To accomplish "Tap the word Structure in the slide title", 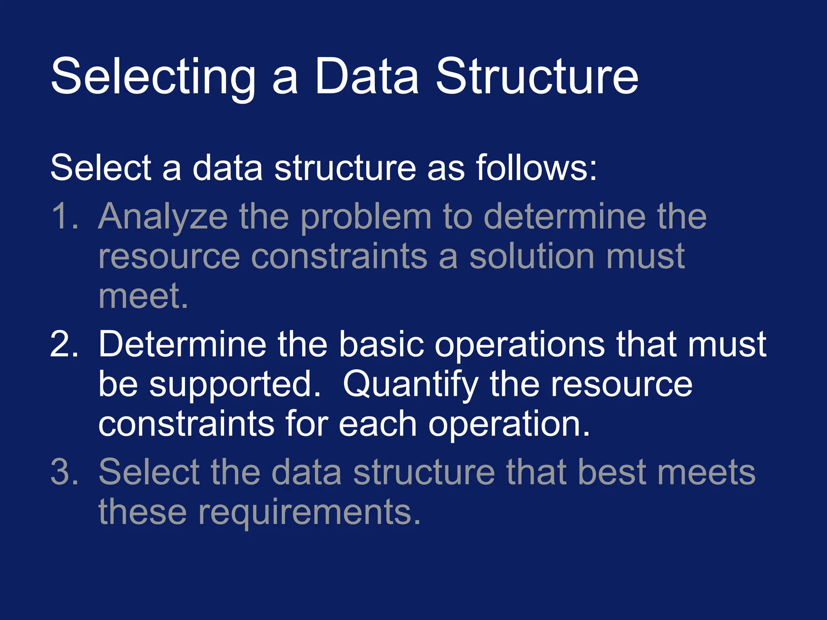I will (x=537, y=77).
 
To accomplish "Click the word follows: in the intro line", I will (x=536, y=168).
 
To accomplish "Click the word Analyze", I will (x=163, y=217).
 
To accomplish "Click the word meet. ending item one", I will (x=143, y=295).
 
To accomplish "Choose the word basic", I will (x=381, y=344).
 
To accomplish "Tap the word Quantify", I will (x=410, y=385).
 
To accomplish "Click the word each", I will (x=378, y=424).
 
